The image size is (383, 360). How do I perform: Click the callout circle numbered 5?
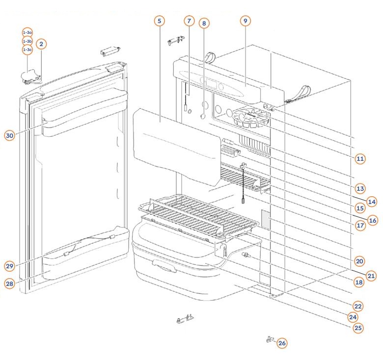tap(159, 21)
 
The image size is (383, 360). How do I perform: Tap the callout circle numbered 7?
tap(189, 21)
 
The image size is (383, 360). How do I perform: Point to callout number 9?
tap(246, 21)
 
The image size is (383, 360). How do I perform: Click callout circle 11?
tap(360, 158)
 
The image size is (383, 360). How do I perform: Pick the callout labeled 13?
tap(360, 188)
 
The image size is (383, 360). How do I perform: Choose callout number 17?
tap(360, 226)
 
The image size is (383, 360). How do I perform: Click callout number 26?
tap(282, 343)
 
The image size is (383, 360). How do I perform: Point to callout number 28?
tap(10, 283)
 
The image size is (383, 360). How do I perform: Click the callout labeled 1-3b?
tap(27, 41)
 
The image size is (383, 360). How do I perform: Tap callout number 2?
tap(41, 44)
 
